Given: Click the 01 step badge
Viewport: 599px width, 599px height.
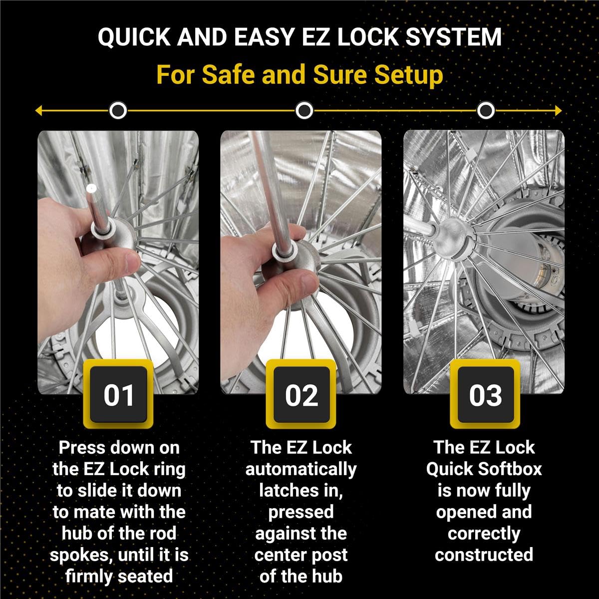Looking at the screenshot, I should pos(119,394).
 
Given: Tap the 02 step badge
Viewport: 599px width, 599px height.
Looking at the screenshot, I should pos(301,394).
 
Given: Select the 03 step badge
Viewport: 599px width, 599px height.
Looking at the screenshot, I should pos(485,394).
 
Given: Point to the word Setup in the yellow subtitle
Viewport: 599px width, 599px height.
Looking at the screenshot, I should pos(409,75).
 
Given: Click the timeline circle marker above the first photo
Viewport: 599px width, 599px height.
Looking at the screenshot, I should pos(118,110).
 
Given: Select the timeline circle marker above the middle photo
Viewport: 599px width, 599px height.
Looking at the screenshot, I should pos(304,110).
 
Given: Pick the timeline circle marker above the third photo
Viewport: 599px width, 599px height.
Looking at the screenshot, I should pos(486,110).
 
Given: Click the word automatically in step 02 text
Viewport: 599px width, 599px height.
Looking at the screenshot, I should pos(301,470).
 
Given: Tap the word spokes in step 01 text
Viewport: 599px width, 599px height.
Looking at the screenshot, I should pos(80,555).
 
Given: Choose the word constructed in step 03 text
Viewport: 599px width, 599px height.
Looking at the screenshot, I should pos(484,555).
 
